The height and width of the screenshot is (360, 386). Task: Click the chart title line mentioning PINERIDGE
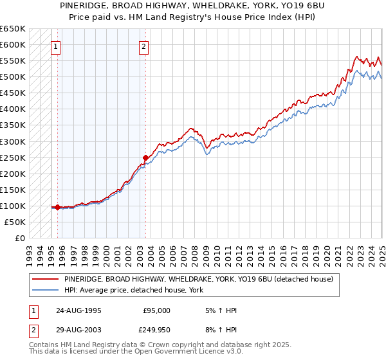pos(192,6)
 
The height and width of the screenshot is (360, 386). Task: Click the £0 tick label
pos(19,238)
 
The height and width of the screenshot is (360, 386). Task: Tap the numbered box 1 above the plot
pos(56,46)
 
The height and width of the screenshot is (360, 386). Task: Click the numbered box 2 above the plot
pos(143,46)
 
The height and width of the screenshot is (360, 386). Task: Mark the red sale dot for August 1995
pos(58,207)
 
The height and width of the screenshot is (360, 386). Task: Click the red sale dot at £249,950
pos(145,157)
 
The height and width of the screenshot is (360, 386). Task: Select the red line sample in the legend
pos(46,280)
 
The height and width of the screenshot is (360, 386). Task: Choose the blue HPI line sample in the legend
pos(46,290)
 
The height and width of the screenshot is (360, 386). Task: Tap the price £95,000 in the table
pos(156,310)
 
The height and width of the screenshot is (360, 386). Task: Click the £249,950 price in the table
pos(154,332)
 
